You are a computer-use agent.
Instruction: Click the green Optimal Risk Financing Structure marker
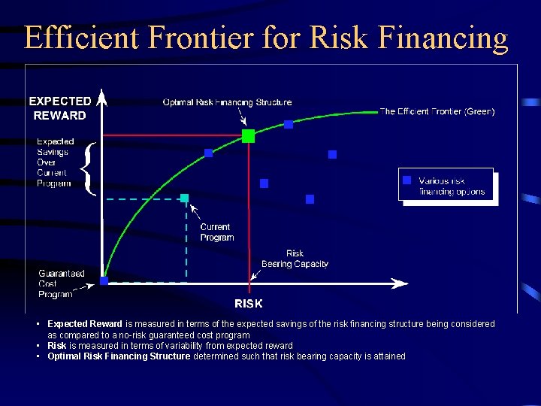pos(248,136)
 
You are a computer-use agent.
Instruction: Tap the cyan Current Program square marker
pos(184,198)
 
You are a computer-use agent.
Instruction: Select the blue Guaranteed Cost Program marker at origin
pos(104,281)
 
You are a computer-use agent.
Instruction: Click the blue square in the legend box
pos(407,180)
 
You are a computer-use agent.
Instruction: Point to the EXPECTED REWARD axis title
pos(60,108)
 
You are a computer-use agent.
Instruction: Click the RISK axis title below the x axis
pos(249,304)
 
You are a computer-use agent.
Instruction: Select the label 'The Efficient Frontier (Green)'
pos(437,111)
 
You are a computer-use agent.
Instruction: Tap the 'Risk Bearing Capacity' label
pos(295,259)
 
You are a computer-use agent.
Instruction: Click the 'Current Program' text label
pos(216,232)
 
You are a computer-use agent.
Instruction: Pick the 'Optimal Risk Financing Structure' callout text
pos(227,102)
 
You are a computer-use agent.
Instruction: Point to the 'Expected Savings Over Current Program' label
pos(55,162)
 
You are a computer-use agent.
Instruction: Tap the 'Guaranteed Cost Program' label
pos(61,283)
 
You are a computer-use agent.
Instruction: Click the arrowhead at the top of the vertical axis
pos(103,97)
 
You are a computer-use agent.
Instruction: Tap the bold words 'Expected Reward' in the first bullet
pos(85,324)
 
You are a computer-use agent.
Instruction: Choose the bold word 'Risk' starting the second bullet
pos(57,346)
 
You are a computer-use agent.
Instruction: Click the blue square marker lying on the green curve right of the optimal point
pos(288,124)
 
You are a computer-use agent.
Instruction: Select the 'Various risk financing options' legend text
pos(452,186)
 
